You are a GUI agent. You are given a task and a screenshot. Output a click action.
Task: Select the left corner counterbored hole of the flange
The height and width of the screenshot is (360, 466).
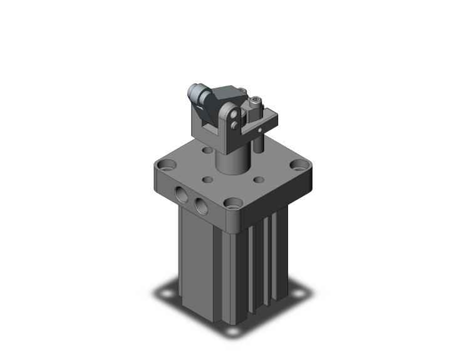167,167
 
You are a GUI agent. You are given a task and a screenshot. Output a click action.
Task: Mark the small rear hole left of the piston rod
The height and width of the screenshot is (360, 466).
207,152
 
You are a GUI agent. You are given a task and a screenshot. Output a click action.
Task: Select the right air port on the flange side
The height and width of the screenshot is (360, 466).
200,205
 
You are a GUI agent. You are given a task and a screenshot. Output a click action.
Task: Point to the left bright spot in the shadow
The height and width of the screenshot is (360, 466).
168,292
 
